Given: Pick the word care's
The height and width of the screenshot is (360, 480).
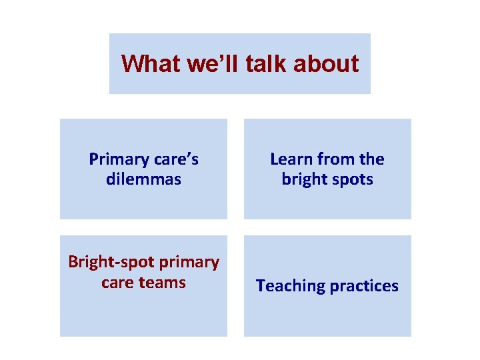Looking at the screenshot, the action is (176, 159).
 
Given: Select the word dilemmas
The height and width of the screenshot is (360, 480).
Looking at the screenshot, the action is (143, 179).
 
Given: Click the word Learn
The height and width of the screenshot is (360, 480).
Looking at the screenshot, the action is (291, 159).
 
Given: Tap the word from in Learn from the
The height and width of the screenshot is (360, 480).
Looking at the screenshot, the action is (337, 159).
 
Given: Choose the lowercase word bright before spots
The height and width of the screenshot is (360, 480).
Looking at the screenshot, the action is (304, 179).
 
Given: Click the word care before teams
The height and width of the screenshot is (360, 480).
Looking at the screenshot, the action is (117, 283).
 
